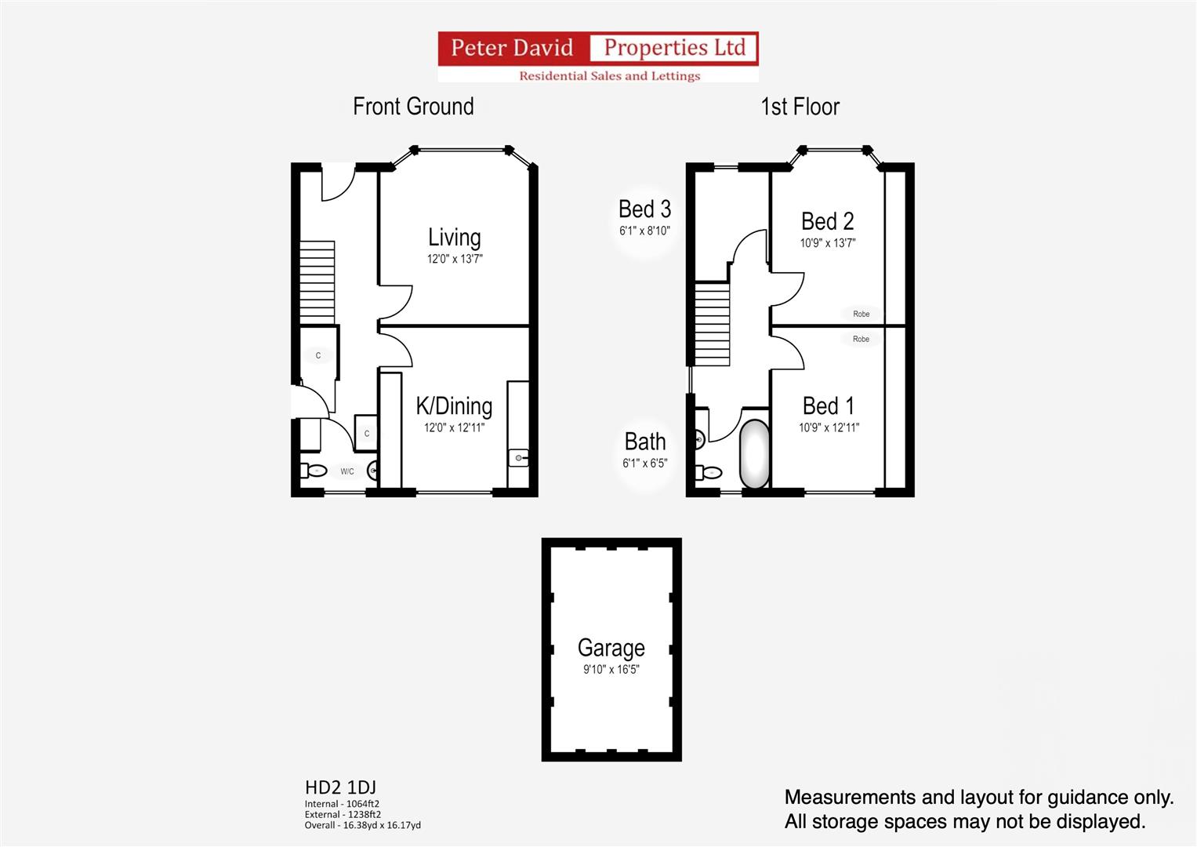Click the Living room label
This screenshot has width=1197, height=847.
454,238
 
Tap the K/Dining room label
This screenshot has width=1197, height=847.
454,406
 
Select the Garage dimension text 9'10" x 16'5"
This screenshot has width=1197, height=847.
611,669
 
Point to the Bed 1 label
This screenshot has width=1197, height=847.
829,406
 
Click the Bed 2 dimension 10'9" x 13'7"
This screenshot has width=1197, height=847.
828,243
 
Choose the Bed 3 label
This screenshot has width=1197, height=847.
644,209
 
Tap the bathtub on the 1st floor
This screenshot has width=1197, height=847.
754,453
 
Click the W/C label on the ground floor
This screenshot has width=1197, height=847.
347,471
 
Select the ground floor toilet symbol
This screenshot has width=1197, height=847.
313,471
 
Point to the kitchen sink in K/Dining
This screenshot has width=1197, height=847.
518,458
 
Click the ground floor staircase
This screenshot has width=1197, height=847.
317,282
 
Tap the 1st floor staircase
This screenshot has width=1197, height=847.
713,324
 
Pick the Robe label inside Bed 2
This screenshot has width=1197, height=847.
861,314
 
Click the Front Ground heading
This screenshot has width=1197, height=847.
413,107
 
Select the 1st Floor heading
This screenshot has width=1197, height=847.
800,107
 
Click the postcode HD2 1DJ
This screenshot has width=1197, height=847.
340,787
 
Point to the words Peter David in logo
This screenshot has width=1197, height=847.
512,48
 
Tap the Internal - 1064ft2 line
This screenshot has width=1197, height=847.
342,804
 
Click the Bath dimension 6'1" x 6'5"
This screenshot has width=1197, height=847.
645,463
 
